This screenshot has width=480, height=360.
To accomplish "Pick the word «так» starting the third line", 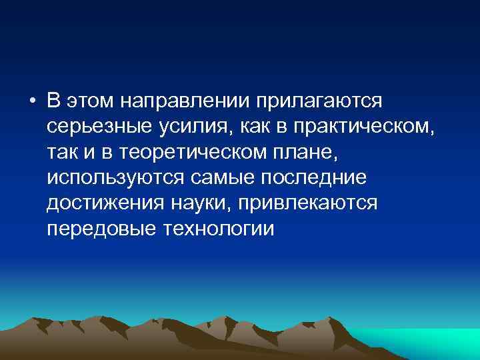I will [62, 152].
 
